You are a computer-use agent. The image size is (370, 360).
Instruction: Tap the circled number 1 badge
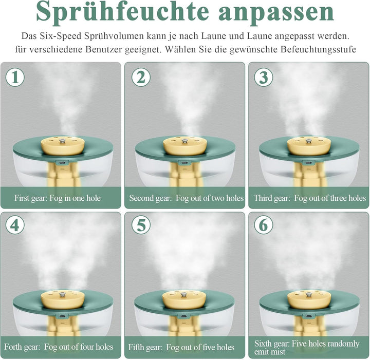tap(15, 77)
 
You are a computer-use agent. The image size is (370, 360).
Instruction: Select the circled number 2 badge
tap(141, 77)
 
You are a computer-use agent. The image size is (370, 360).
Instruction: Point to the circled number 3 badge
tap(264, 77)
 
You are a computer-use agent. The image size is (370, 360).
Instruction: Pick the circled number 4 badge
tap(15, 224)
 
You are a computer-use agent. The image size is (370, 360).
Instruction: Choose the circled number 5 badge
tap(141, 224)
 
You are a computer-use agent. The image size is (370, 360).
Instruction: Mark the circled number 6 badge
tap(264, 224)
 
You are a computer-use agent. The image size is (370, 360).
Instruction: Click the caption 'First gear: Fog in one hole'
tap(58, 198)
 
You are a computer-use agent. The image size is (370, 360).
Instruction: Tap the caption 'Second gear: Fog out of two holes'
tap(187, 198)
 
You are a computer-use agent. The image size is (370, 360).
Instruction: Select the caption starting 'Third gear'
tap(309, 198)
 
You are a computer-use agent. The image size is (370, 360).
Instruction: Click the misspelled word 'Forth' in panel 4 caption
tap(11, 347)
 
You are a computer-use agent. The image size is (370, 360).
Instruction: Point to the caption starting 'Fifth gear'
tap(181, 347)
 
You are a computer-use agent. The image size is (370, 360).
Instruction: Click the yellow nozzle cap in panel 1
tap(63, 145)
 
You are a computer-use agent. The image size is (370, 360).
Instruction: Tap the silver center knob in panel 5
tap(182, 295)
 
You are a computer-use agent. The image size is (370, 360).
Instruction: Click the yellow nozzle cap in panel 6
tap(309, 299)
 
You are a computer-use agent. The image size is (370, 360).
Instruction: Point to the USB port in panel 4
tap(62, 316)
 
